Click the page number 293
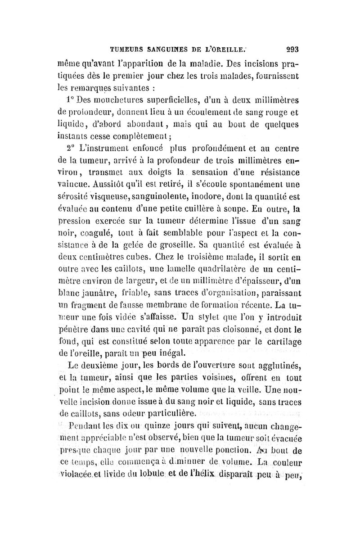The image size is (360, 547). pos(292,49)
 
